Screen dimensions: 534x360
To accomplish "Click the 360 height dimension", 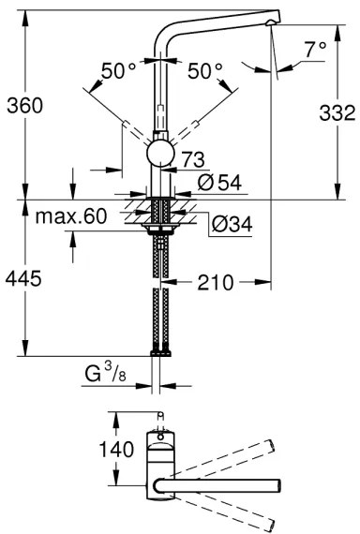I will click(24, 107).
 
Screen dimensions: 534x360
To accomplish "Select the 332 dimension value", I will click(337, 114).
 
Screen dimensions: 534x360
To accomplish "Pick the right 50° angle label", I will click(205, 71).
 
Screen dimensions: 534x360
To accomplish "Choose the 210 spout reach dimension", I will click(217, 280).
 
